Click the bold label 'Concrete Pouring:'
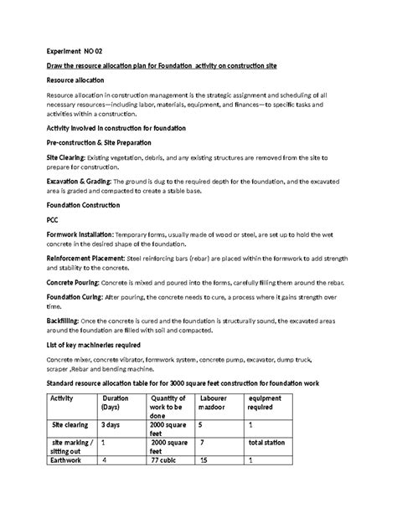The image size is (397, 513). click(73, 285)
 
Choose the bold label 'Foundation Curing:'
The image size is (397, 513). click(74, 298)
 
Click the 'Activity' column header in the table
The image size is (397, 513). click(64, 398)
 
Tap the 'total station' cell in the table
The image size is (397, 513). click(272, 441)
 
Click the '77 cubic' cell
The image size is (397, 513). click(168, 459)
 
